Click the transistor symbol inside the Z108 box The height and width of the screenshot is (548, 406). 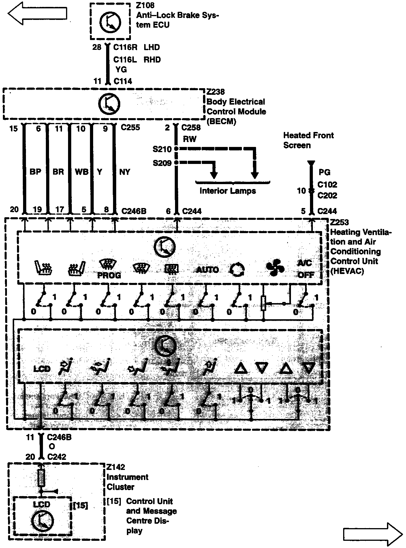click(x=110, y=22)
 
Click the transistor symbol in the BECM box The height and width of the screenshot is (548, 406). click(x=109, y=104)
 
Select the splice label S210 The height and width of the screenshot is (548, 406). click(x=162, y=149)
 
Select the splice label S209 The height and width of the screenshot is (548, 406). click(x=162, y=163)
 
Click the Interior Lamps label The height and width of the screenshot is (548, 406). click(x=228, y=191)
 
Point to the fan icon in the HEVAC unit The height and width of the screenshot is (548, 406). click(x=275, y=268)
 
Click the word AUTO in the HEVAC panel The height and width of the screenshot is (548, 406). click(x=207, y=270)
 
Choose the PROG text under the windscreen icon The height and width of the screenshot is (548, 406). click(x=109, y=275)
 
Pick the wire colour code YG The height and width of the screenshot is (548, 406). click(x=121, y=69)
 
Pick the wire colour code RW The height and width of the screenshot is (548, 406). click(x=189, y=139)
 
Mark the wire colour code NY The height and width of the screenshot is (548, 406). click(x=125, y=172)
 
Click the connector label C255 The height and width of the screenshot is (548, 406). click(x=130, y=127)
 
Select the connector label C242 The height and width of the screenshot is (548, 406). click(x=57, y=457)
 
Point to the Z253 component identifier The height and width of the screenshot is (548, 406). click(x=339, y=222)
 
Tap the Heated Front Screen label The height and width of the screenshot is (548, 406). click(x=308, y=140)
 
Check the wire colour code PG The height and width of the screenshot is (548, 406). click(x=324, y=172)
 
